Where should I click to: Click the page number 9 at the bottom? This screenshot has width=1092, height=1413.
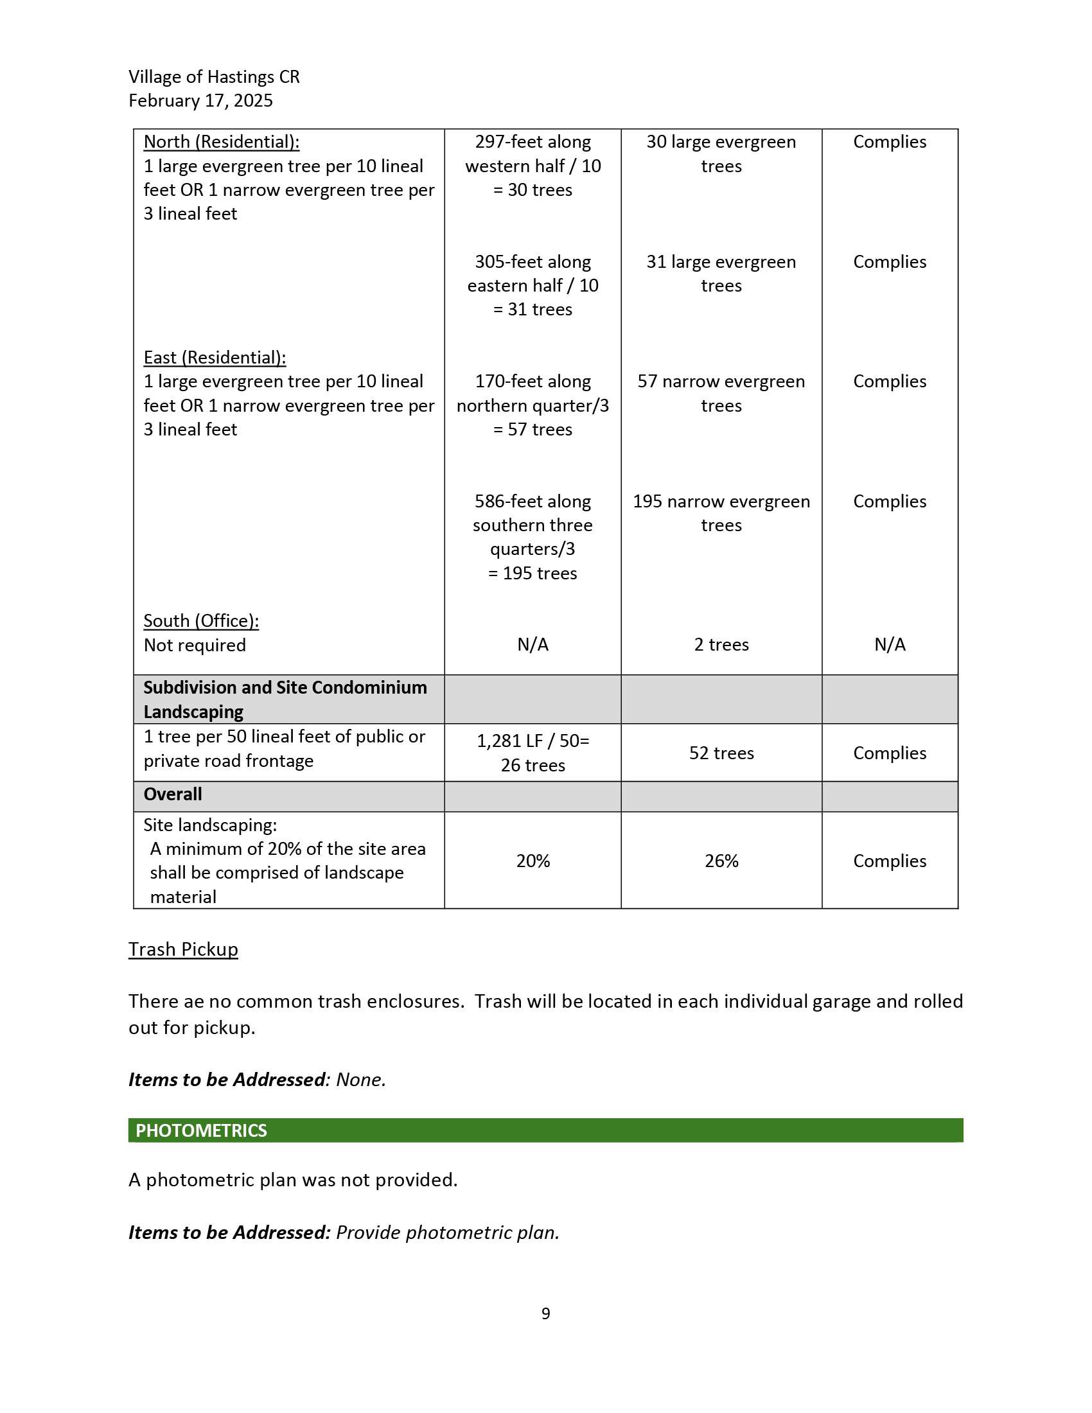pos(545,1313)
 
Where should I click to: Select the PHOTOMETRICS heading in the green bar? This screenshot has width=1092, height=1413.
pos(200,1130)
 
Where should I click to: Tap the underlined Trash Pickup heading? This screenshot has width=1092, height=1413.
pos(183,949)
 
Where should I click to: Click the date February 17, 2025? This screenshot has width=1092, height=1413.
pos(200,101)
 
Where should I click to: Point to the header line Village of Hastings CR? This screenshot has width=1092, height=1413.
pos(214,77)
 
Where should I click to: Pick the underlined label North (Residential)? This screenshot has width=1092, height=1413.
pos(221,142)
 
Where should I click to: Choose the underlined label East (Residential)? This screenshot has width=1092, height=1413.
pos(215,357)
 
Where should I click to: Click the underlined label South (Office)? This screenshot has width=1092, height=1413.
pos(201,620)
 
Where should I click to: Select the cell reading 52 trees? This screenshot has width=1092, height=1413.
pos(721,753)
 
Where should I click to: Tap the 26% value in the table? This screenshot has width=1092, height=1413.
pos(721,861)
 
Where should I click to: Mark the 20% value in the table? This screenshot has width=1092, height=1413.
pos(533,861)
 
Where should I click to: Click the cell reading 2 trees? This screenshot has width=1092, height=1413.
pos(721,644)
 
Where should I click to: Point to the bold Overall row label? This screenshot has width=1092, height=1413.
pos(173,794)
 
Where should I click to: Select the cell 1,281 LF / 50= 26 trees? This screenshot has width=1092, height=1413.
pos(533,753)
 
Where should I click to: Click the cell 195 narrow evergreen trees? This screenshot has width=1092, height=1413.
pos(721,513)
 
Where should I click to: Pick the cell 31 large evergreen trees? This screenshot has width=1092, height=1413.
pos(721,273)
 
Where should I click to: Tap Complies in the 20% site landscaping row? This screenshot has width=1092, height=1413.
pos(890,861)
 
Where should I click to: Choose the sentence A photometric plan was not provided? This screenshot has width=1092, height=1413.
pos(293,1179)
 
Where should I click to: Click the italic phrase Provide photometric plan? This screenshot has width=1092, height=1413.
pos(448,1232)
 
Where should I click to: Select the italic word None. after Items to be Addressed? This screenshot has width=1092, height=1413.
pos(361,1079)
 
